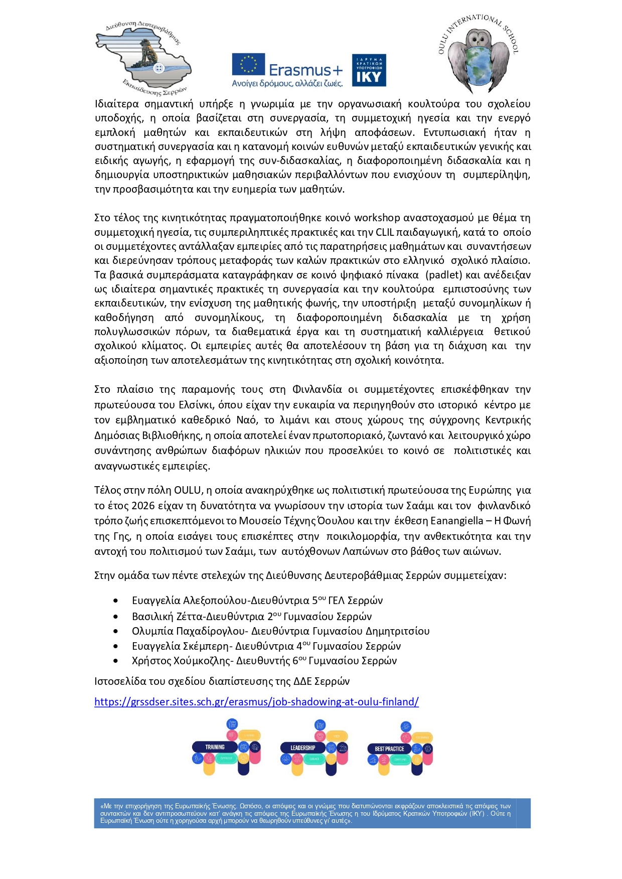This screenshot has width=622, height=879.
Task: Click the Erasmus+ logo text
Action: (x=305, y=70)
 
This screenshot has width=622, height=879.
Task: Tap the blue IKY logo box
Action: (x=369, y=70)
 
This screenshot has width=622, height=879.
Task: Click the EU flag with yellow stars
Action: (x=248, y=65)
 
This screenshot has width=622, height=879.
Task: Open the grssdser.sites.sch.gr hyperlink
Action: (x=256, y=702)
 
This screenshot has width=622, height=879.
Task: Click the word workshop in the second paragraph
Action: (x=377, y=218)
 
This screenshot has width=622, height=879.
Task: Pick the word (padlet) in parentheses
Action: (x=444, y=275)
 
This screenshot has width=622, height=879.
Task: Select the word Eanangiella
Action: (x=456, y=521)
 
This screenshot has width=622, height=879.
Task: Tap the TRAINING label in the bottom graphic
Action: (x=215, y=747)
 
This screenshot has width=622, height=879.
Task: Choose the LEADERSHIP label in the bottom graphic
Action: (x=303, y=748)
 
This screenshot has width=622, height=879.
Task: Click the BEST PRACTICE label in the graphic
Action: (x=389, y=749)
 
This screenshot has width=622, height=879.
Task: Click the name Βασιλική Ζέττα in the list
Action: (x=160, y=617)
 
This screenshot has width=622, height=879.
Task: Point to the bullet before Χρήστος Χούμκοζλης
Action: (x=116, y=661)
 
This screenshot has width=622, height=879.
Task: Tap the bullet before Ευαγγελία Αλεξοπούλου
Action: (x=116, y=601)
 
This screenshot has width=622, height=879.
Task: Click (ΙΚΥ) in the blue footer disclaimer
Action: (x=477, y=814)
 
